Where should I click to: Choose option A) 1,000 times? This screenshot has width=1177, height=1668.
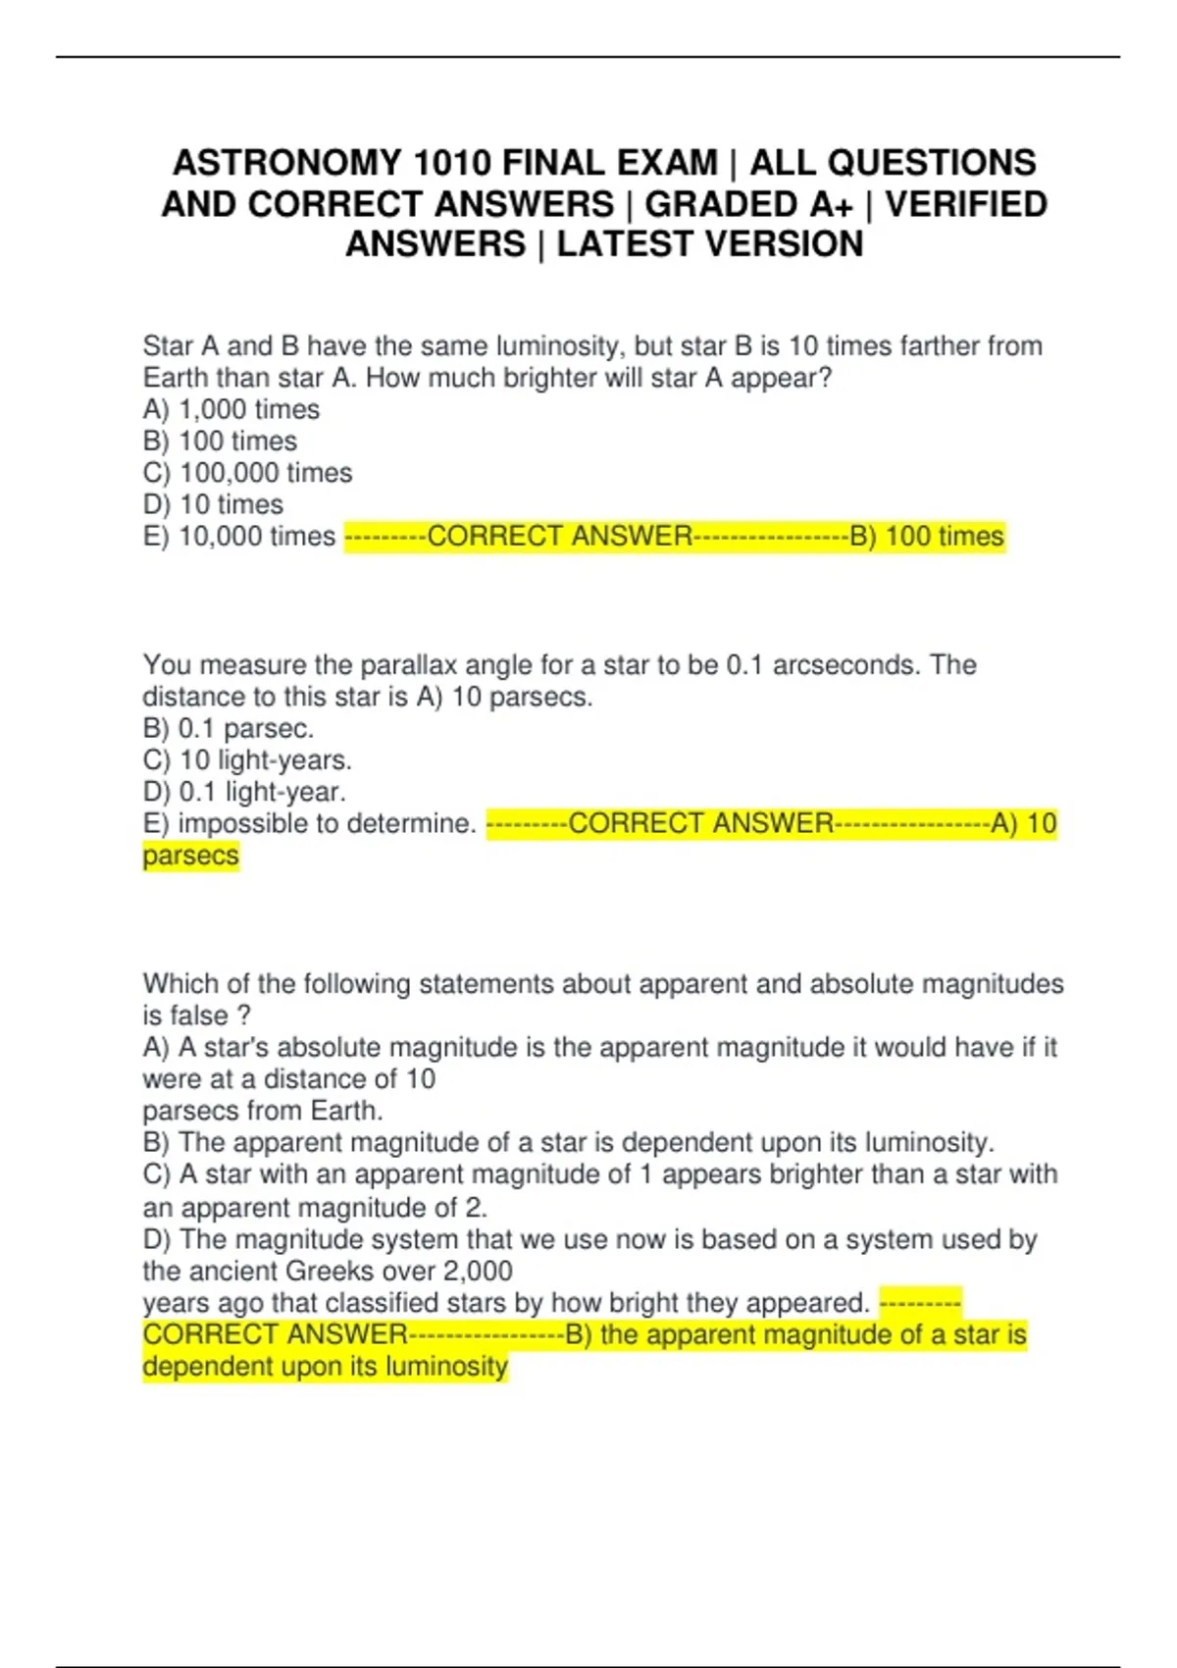231,409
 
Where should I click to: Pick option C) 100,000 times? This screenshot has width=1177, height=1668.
247,473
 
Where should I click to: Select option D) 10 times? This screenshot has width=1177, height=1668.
213,504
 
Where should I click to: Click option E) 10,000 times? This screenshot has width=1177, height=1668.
239,537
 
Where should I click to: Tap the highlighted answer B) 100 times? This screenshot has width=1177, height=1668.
927,537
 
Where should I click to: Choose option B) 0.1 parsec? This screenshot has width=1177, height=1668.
228,729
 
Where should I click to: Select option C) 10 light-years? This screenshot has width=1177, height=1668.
247,760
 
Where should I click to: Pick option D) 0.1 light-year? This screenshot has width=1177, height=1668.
244,792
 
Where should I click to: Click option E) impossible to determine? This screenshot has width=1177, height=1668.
309,824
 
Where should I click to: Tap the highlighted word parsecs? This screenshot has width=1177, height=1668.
190,856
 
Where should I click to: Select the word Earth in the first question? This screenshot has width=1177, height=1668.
174,378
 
